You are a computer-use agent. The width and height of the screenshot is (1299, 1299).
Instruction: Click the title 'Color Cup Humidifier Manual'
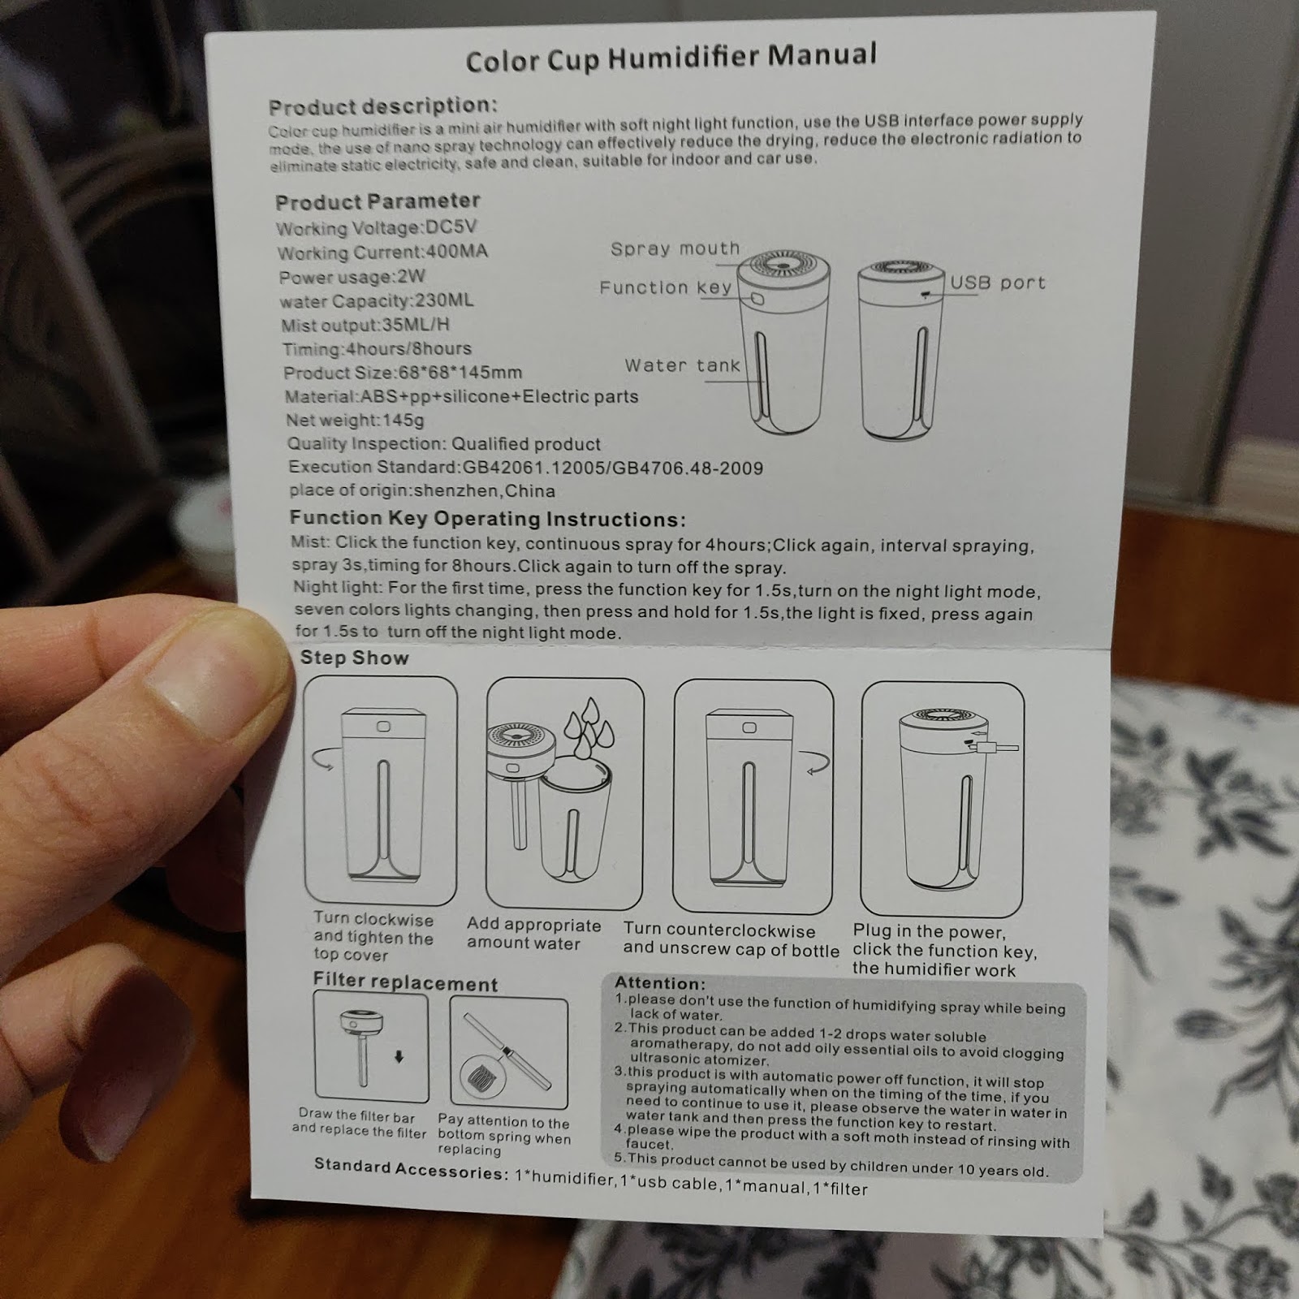671,57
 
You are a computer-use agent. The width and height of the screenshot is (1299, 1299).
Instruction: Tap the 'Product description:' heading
382,106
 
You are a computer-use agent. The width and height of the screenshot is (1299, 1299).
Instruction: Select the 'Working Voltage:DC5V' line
376,227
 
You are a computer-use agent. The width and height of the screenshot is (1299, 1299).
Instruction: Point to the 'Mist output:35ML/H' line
365,325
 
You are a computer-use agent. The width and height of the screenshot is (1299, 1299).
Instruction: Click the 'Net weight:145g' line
355,420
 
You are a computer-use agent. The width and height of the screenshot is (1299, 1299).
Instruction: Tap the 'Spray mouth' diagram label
675,248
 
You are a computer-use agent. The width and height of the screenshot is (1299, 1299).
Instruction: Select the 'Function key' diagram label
666,287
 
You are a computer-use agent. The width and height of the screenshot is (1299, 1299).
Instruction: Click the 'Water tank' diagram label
683,365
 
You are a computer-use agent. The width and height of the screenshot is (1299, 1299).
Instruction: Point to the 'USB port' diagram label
998,283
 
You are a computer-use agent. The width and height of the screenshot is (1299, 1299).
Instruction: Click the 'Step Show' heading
354,658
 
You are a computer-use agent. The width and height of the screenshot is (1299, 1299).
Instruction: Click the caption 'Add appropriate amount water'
533,934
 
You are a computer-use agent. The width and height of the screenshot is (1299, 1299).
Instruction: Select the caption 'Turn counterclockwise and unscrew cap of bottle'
731,939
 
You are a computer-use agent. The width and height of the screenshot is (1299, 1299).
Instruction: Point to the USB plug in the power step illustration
996,746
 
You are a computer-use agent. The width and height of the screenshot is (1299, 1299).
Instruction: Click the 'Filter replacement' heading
405,982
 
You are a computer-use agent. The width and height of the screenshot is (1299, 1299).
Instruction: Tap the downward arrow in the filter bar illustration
399,1057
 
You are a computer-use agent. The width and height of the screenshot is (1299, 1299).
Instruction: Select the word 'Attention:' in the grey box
660,983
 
